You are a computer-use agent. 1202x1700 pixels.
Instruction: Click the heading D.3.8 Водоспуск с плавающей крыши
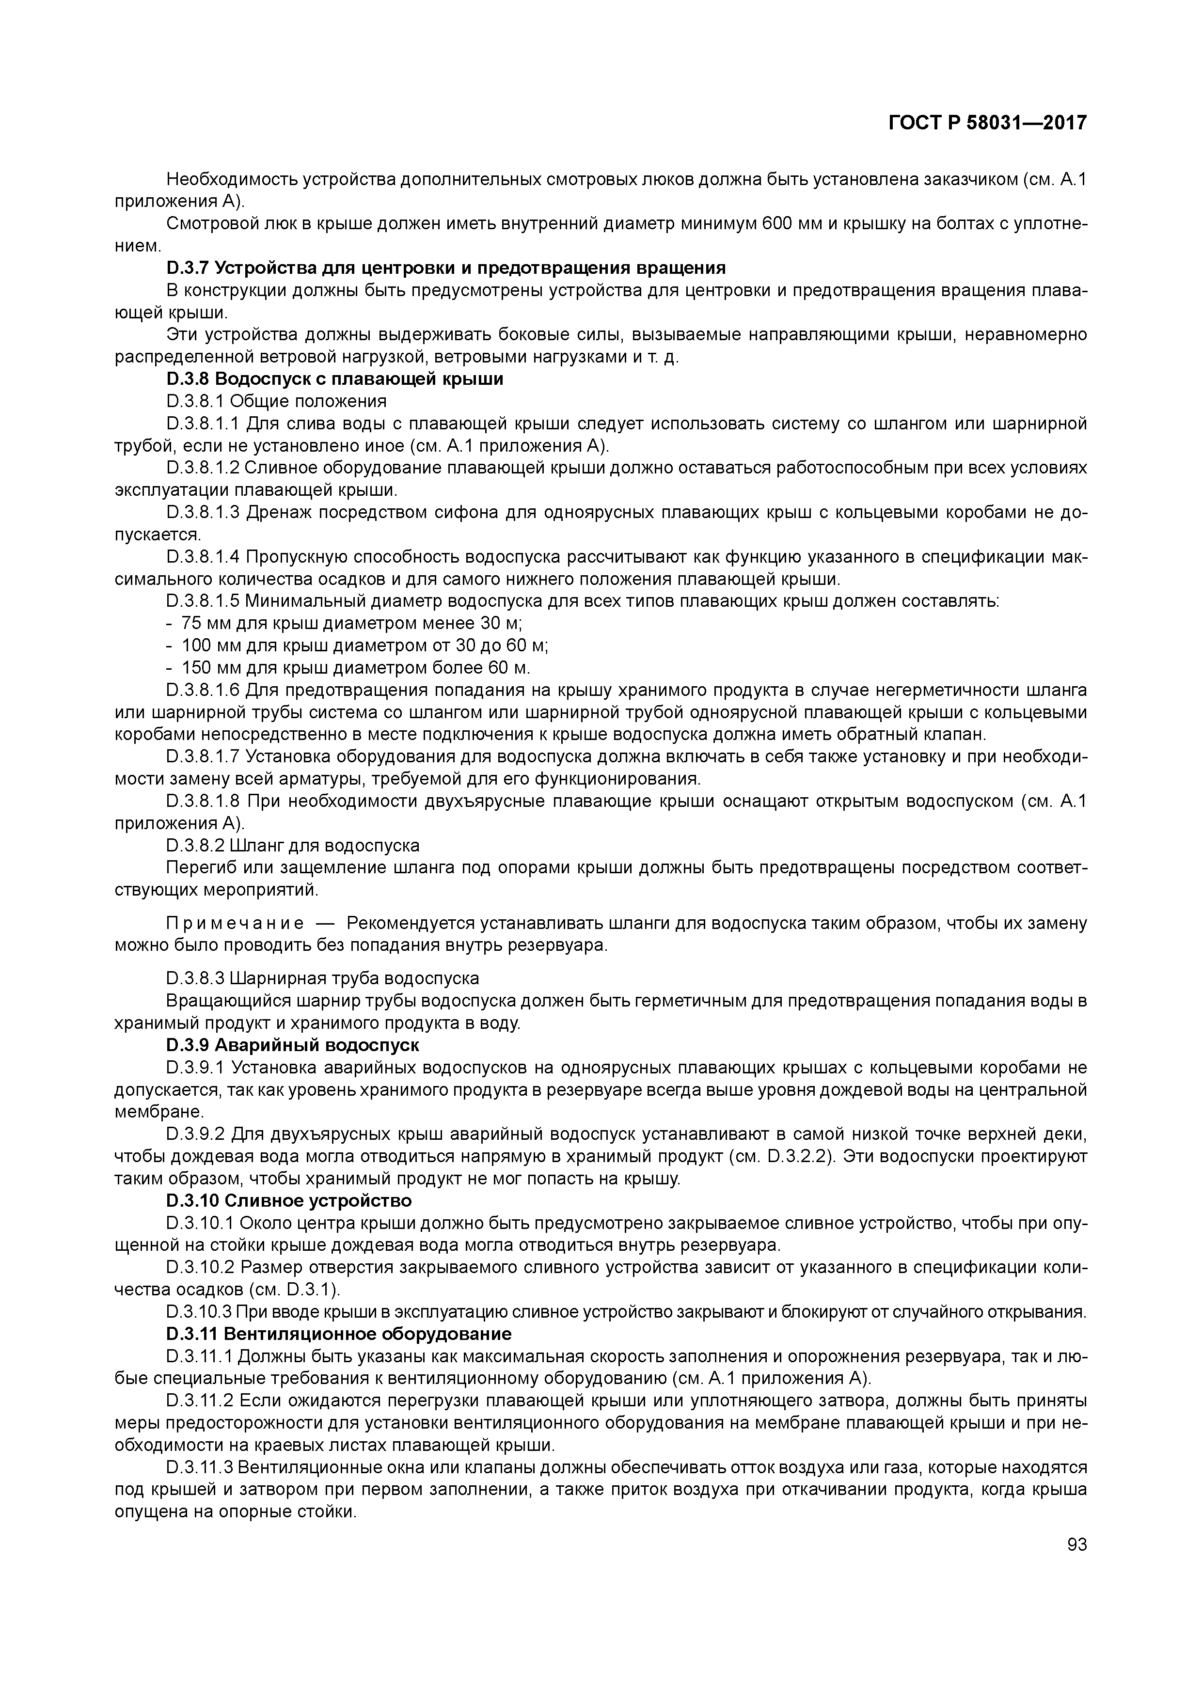(335, 379)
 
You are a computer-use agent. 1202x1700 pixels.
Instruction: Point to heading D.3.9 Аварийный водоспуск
(293, 1045)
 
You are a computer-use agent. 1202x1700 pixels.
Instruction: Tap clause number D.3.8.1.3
(204, 512)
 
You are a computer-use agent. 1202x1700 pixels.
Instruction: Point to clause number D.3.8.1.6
(204, 690)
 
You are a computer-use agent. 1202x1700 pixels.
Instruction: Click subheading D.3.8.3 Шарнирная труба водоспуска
(323, 978)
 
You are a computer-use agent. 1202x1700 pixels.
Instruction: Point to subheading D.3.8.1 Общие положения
(276, 401)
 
